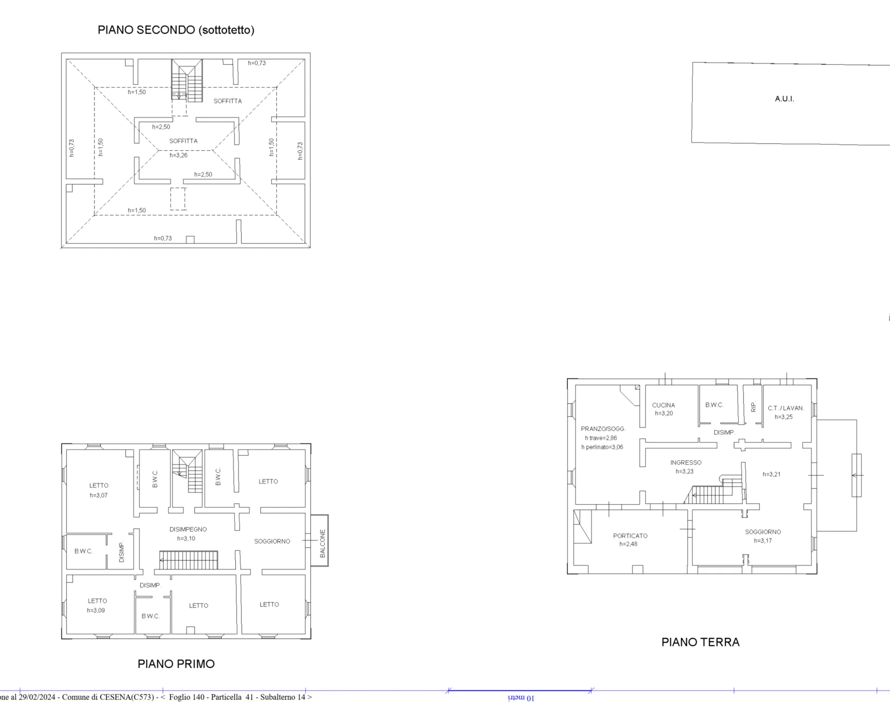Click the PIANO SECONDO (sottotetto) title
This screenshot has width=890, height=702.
176,30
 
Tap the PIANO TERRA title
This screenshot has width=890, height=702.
700,642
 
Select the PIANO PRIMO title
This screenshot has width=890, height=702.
176,663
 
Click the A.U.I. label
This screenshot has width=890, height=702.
784,98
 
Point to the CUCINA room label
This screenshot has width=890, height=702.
663,405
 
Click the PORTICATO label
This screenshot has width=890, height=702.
630,536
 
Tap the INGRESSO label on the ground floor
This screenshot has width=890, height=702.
685,463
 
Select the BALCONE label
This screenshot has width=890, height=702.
322,544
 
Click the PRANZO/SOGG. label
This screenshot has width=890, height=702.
603,429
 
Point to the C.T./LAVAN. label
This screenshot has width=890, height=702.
785,408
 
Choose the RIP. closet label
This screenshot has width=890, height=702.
753,407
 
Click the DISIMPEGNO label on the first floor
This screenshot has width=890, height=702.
188,529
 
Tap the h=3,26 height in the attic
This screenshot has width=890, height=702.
178,156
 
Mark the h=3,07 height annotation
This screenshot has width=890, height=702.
98,495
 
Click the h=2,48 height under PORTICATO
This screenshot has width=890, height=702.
628,544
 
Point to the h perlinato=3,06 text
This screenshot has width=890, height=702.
602,447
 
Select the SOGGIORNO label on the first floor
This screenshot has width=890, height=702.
272,542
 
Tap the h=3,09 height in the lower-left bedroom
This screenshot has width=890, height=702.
95,610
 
